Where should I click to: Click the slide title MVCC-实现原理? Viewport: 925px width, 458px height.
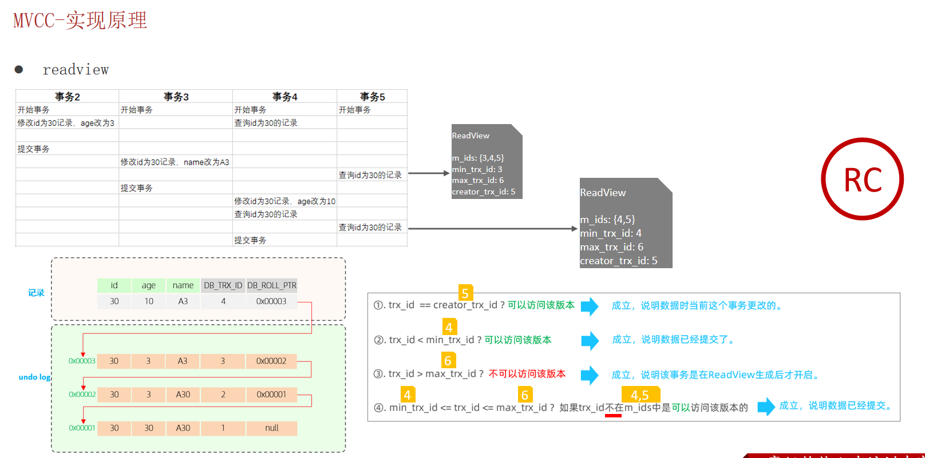[x=80, y=21]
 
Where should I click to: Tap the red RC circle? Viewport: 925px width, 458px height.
[x=862, y=179]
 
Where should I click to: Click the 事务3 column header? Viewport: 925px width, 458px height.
[x=176, y=97]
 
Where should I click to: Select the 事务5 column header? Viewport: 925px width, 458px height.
[x=372, y=97]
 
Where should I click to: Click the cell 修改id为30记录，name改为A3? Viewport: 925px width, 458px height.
[x=175, y=162]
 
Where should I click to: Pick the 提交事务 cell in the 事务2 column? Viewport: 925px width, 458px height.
[x=33, y=149]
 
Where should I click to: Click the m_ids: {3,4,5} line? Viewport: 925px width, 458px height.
[x=478, y=158]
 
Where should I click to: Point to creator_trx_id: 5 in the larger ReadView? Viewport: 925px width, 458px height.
[x=618, y=261]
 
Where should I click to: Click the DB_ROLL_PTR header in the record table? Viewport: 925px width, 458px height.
[x=272, y=285]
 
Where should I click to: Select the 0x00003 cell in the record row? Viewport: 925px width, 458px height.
[x=271, y=301]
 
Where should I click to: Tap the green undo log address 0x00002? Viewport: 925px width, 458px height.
[x=82, y=395]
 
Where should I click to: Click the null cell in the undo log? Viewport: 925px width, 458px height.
[x=271, y=428]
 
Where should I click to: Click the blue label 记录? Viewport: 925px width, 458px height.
[x=36, y=293]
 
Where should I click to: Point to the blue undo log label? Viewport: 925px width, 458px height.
[x=34, y=377]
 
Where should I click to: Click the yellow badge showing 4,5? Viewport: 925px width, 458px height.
[x=640, y=395]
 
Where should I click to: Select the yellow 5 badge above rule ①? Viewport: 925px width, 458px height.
[x=465, y=293]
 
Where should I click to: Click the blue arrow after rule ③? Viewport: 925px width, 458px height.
[x=590, y=375]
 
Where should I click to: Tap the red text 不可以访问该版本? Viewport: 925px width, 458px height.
[x=527, y=374]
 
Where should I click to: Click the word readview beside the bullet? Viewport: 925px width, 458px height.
[x=76, y=70]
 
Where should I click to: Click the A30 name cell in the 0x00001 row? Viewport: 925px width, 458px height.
[x=183, y=428]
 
